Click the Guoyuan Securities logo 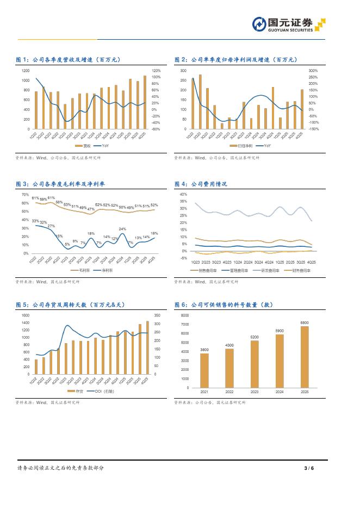[289, 24]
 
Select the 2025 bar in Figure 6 [305, 357]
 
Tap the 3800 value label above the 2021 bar [204, 349]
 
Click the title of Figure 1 [68, 60]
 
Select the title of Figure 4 [201, 184]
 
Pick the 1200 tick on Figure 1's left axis [26, 71]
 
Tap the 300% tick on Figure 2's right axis [313, 71]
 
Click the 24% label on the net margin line [122, 229]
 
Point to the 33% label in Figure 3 [35, 221]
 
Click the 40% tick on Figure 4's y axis [183, 194]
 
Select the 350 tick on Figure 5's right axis [158, 315]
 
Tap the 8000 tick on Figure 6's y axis [185, 315]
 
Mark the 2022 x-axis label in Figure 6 [229, 392]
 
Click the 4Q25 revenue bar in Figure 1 [145, 102]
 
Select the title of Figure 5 [72, 305]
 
